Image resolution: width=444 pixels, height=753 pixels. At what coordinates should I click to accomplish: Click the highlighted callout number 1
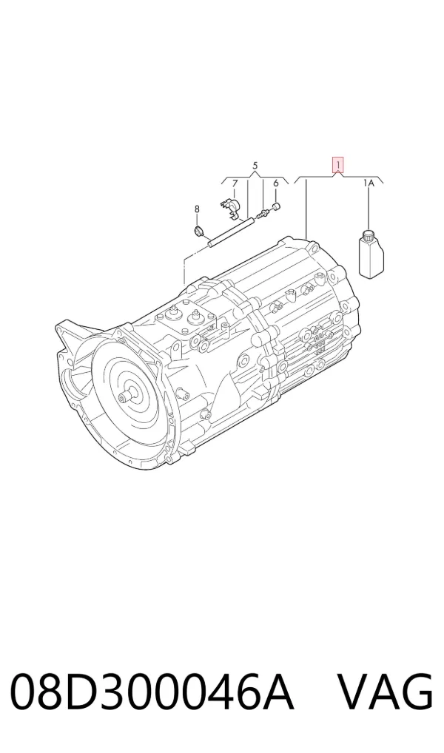click(x=339, y=165)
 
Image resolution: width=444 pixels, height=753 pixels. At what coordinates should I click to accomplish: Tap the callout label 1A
click(x=369, y=183)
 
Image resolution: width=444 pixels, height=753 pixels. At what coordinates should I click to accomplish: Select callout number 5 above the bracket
click(x=255, y=166)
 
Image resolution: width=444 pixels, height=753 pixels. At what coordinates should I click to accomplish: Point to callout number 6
click(x=276, y=183)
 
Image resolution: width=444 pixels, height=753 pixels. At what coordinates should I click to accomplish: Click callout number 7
click(x=235, y=183)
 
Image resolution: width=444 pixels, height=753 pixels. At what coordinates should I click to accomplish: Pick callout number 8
click(x=197, y=209)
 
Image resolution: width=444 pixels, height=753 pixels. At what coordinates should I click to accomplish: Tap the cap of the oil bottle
click(x=369, y=235)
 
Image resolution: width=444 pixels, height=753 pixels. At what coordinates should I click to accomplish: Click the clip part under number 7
click(x=229, y=207)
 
